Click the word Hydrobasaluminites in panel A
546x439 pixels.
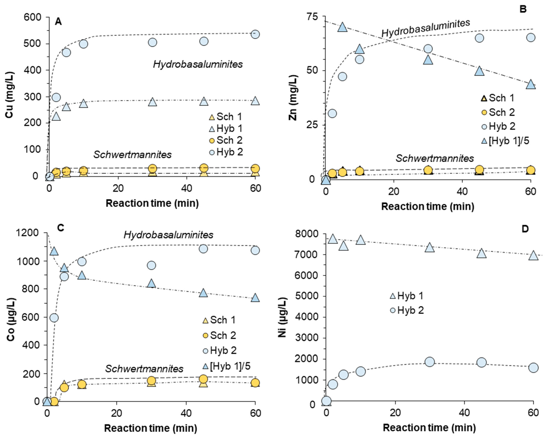click(198, 64)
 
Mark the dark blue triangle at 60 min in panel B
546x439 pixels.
click(530, 84)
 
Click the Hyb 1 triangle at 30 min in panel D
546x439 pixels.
click(429, 247)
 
